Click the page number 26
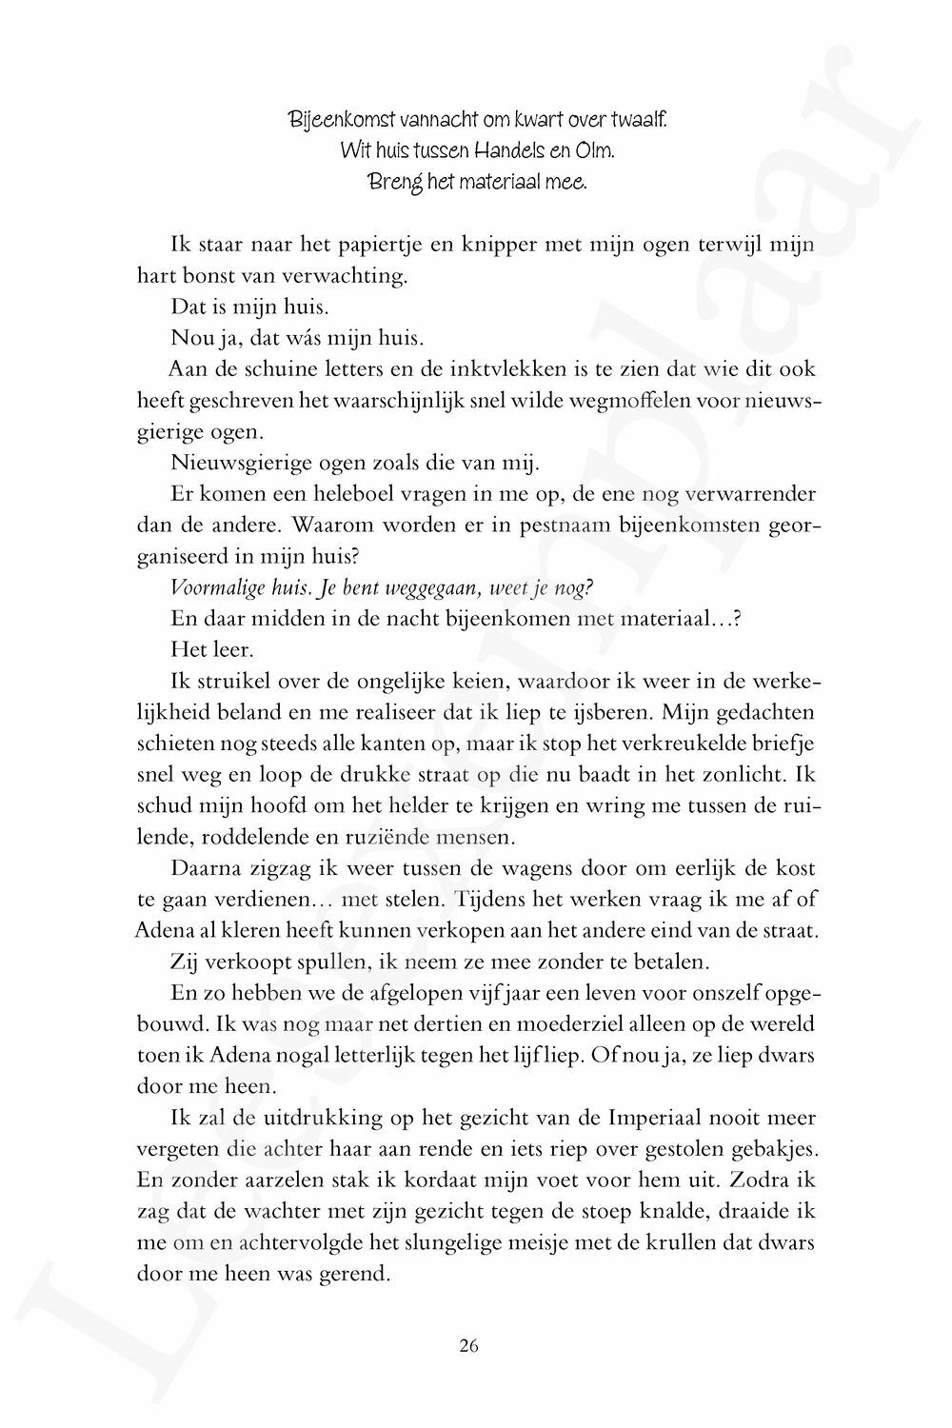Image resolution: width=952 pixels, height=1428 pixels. (x=467, y=1345)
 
